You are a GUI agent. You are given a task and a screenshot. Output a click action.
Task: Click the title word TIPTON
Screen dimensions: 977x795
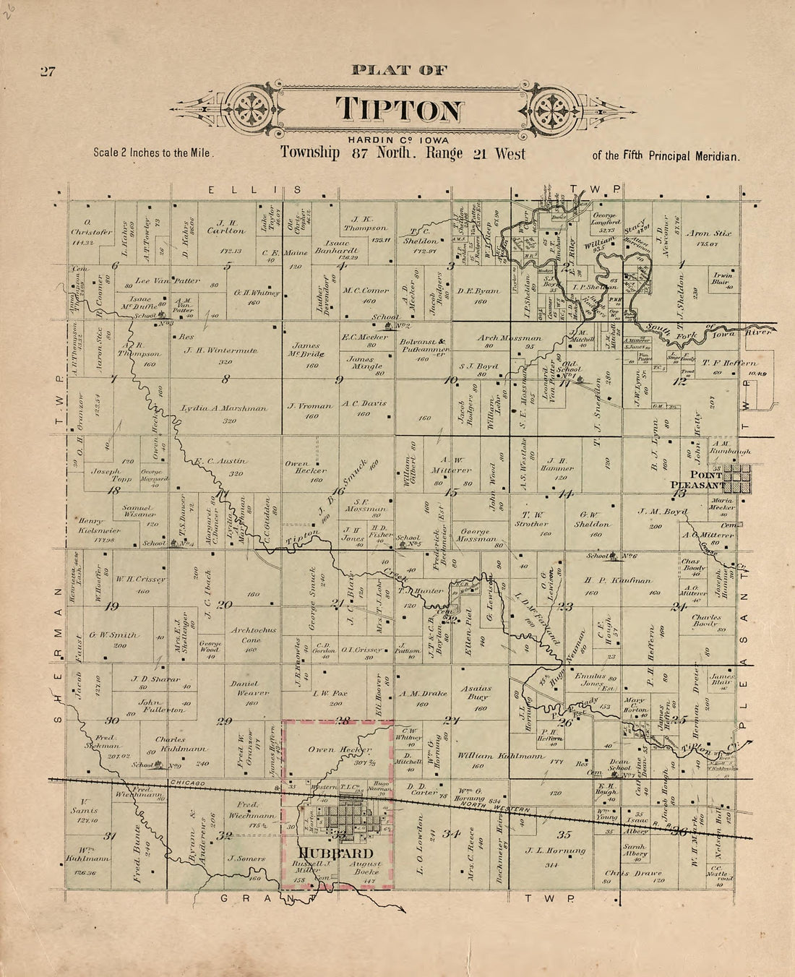[399, 110]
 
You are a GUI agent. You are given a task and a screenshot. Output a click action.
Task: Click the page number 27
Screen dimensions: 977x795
[48, 72]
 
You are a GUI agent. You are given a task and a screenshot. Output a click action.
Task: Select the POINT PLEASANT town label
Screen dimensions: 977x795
[695, 478]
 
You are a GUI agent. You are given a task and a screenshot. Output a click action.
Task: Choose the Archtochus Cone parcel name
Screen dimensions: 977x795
[254, 634]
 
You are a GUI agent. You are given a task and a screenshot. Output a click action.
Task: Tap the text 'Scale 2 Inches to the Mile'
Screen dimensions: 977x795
[154, 153]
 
